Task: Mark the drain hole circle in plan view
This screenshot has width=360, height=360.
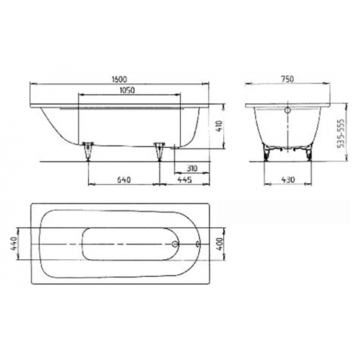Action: [x=175, y=245]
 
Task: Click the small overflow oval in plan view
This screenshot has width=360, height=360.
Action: [x=198, y=245]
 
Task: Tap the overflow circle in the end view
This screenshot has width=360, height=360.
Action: [x=286, y=111]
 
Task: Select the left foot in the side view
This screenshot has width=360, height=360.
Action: [x=88, y=150]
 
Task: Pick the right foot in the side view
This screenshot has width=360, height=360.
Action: [x=158, y=150]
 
